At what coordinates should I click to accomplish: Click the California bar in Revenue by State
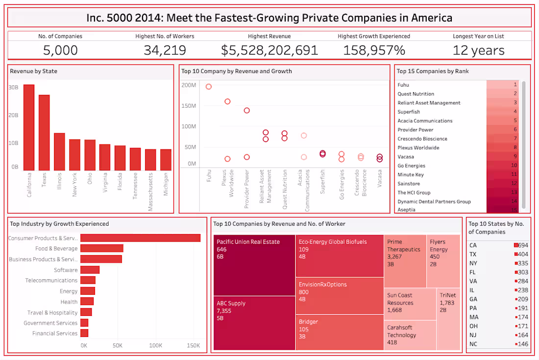pos(29,127)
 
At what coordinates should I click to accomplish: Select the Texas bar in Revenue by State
pos(44,132)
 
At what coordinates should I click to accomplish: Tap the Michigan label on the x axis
pos(166,184)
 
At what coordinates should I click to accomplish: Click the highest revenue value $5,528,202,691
pos(269,50)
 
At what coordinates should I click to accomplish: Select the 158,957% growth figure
pos(374,50)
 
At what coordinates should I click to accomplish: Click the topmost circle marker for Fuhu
pos(209,87)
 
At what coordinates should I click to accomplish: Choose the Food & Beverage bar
pos(102,248)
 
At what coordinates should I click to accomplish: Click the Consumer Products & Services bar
pos(140,238)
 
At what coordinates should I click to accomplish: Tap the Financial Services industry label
pos(55,334)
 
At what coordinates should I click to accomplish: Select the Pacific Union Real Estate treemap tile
pos(254,265)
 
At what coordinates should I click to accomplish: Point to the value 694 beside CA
pos(523,245)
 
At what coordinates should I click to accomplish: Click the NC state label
pos(473,344)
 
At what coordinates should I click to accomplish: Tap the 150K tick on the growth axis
pos(193,346)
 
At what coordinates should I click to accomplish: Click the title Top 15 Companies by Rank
pos(433,71)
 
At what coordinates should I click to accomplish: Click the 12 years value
pos(478,50)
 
